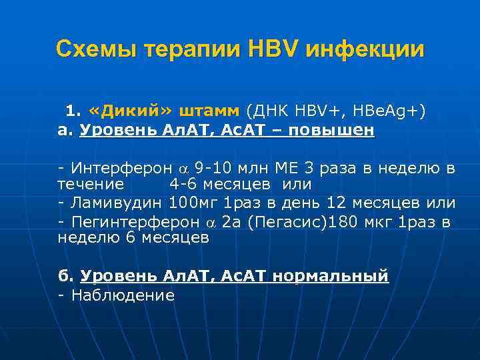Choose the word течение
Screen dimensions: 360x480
[x=91, y=183]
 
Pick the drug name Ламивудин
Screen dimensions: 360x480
[x=117, y=202]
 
